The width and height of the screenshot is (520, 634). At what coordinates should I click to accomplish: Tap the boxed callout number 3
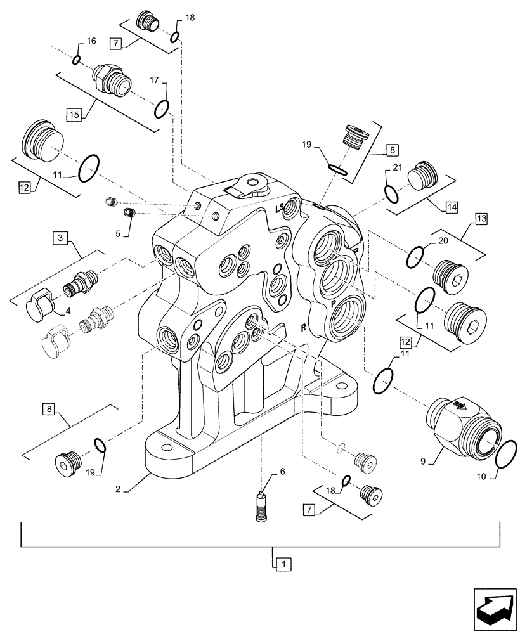61,238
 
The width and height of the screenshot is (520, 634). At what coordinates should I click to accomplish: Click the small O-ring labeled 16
76,60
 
